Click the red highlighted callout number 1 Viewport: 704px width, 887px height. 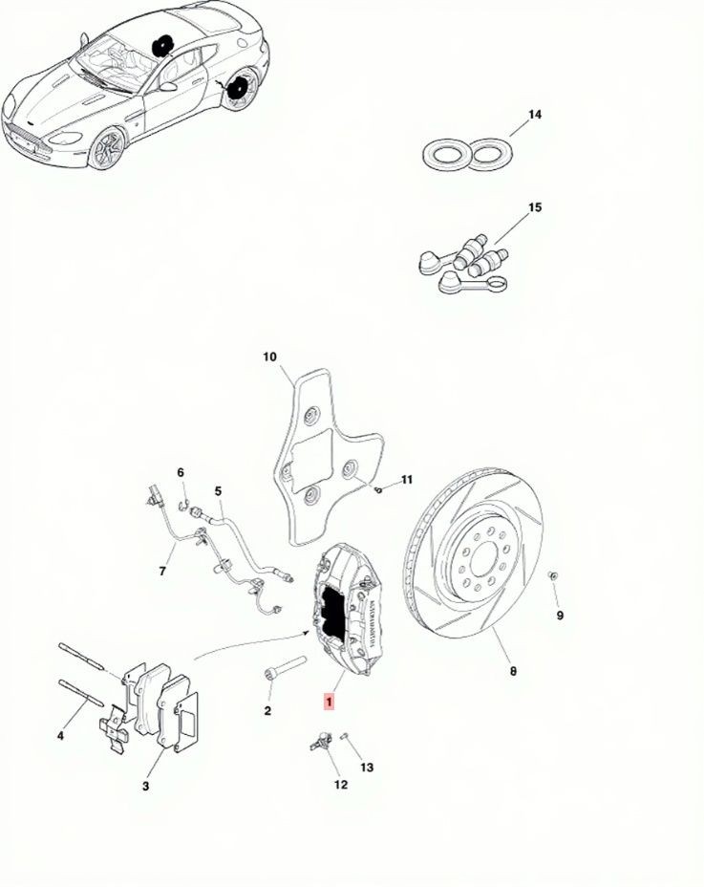(x=329, y=702)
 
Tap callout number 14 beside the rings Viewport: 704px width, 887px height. (x=534, y=115)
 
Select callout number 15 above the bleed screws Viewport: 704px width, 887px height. (x=534, y=207)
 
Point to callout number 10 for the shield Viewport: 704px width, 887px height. (x=269, y=357)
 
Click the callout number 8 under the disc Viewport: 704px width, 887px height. (x=513, y=671)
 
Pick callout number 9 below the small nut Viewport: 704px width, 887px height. (x=559, y=615)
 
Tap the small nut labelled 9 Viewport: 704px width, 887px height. (x=552, y=575)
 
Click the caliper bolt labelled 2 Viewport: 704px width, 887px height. (x=285, y=666)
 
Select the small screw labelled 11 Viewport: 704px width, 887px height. (x=378, y=489)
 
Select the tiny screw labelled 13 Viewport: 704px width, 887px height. (x=345, y=737)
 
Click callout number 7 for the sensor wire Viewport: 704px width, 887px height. (x=162, y=571)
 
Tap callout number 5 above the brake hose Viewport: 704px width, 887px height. (x=218, y=491)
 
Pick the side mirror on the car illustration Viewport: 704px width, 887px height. (x=168, y=87)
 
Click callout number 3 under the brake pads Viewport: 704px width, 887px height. (x=146, y=786)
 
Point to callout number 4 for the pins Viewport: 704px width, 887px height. (x=60, y=736)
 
